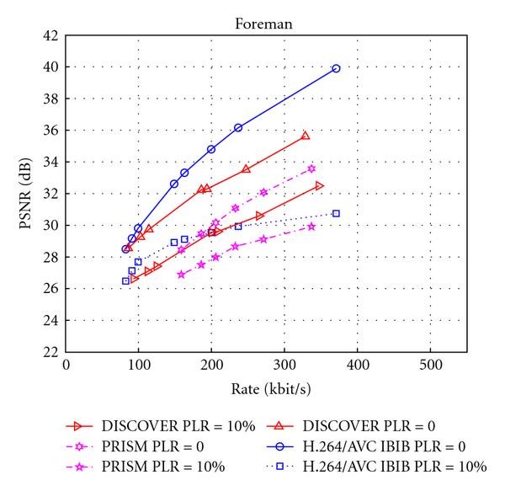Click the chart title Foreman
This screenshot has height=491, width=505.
tap(263, 24)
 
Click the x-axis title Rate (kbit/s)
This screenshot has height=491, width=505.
tap(264, 390)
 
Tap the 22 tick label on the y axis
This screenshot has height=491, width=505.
tap(50, 352)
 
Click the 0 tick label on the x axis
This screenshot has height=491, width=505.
tap(66, 367)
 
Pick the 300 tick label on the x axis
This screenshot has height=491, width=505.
tap(284, 367)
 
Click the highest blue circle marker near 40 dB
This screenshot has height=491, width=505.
tap(336, 68)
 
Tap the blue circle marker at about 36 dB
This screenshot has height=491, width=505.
tap(238, 127)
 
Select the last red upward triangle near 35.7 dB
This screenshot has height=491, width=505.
tap(306, 135)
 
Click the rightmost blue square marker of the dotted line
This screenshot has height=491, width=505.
tap(336, 214)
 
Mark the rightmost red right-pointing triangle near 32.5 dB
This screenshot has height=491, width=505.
tap(319, 185)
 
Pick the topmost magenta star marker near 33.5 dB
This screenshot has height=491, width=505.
tap(311, 168)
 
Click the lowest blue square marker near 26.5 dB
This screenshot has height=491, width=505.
tap(125, 281)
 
